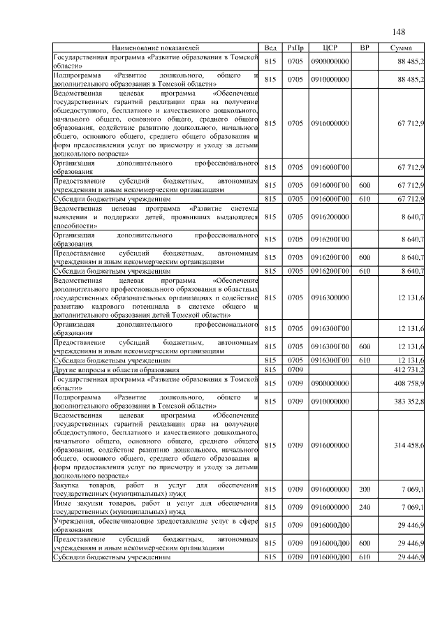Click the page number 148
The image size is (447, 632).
point(399,32)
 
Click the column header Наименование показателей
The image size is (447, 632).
point(156,47)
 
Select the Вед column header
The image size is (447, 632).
point(271,47)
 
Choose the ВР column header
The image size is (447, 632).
point(364,47)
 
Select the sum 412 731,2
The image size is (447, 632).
point(409,369)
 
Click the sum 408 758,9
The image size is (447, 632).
point(409,383)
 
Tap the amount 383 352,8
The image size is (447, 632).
point(409,402)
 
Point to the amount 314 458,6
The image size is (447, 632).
point(409,445)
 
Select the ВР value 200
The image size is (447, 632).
point(364,490)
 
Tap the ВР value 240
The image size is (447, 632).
point(364,507)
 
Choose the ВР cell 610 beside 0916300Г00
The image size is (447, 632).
point(364,360)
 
